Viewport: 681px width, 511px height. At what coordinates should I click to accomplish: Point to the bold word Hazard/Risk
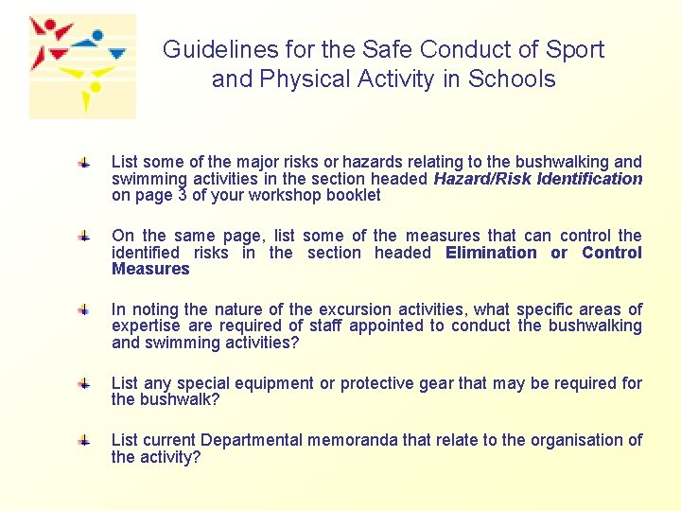pos(480,179)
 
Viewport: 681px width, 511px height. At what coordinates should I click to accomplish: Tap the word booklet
pos(352,196)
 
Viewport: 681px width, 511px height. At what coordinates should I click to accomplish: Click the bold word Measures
pos(150,270)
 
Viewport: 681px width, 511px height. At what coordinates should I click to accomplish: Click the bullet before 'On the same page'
pos(84,233)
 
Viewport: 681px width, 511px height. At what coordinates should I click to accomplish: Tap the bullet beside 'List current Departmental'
pos(84,438)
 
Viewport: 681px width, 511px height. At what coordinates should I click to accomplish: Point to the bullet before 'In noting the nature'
pos(84,308)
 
